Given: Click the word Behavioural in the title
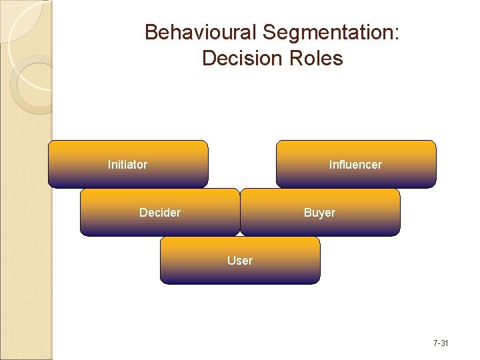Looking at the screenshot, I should click(x=201, y=32).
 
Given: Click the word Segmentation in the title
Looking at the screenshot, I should click(x=327, y=32).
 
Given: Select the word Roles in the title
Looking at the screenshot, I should click(x=317, y=59).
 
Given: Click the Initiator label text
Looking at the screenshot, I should click(x=127, y=164).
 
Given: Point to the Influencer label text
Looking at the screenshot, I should click(x=355, y=164).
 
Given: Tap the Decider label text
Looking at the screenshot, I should click(x=160, y=213).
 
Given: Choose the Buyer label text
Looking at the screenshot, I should click(x=319, y=213).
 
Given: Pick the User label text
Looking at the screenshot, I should click(x=240, y=261).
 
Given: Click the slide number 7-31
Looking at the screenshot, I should click(x=441, y=343).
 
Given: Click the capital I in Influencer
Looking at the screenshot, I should click(x=331, y=164).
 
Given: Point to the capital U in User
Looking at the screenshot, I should click(x=231, y=261).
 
